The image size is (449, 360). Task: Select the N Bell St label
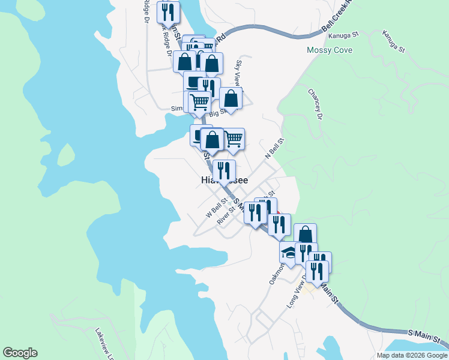[x=274, y=148]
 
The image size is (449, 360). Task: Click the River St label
[x=226, y=216]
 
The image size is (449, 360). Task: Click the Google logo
[x=20, y=353]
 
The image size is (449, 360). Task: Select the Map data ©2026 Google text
[x=411, y=355]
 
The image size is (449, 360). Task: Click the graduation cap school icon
[x=289, y=253]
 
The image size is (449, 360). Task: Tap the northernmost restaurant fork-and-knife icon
[x=168, y=11]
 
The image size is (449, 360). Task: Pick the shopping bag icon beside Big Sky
[x=231, y=98]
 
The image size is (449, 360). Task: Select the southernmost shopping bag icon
[x=305, y=233]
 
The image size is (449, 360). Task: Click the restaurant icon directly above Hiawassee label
[x=224, y=169]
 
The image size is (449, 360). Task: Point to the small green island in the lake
[x=66, y=154]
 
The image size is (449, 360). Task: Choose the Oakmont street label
[x=275, y=274]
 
